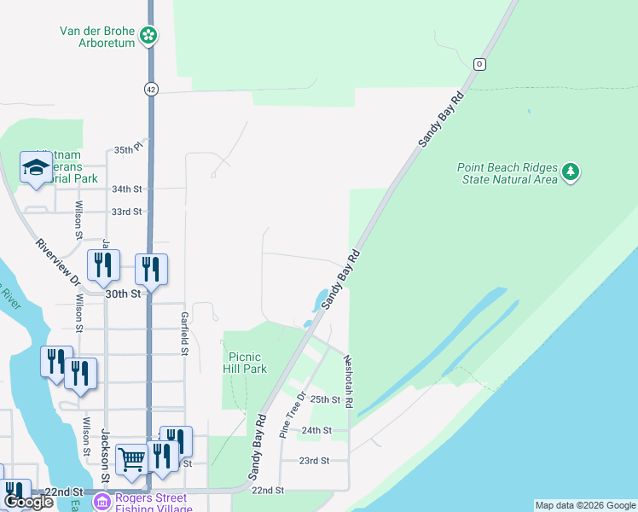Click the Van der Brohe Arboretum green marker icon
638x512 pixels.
tap(149, 35)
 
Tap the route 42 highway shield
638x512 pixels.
tap(150, 88)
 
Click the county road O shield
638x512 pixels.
tap(479, 64)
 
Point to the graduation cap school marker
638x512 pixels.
tap(36, 168)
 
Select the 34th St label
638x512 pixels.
tap(126, 189)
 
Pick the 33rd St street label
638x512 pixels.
tap(126, 212)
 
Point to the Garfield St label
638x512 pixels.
tap(184, 333)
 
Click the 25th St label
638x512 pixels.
tap(325, 399)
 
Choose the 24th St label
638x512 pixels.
tap(316, 430)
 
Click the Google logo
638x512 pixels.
tap(28, 502)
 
